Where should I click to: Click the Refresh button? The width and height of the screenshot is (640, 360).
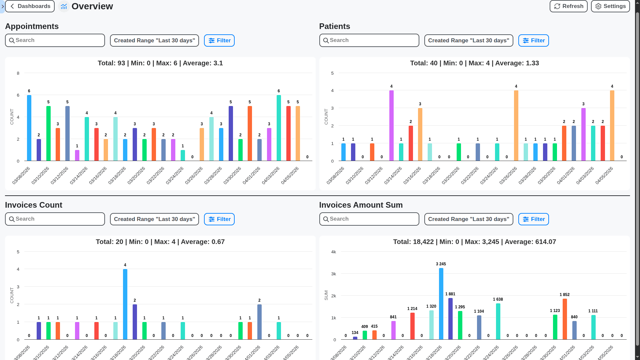pos(568,6)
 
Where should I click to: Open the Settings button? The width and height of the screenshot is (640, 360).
pos(610,6)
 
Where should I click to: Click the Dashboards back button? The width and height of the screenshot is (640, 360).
pos(30,6)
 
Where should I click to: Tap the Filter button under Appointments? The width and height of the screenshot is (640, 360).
pos(219,41)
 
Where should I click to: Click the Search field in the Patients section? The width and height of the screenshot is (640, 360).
pos(369,40)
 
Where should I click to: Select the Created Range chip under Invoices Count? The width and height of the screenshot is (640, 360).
pos(154,219)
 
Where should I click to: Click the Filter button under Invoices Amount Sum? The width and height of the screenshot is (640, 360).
pos(533,219)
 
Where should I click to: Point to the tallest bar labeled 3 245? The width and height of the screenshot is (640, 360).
pos(441,303)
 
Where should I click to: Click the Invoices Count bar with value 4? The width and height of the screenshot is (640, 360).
pos(125,304)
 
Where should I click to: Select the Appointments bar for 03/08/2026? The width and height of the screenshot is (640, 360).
pos(29,128)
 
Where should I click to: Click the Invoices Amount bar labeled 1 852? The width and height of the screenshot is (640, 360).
pos(565,319)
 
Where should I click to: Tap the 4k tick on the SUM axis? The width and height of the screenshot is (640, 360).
pos(333,252)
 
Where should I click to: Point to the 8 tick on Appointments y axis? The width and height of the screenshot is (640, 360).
pos(18,73)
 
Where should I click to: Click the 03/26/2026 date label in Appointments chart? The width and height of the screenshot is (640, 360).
pos(194,176)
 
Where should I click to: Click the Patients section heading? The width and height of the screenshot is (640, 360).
pos(334,26)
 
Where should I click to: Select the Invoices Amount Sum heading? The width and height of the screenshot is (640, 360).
pos(361,205)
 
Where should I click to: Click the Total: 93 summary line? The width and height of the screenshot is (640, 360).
pos(160,63)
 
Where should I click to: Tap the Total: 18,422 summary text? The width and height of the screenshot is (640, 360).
pos(474,242)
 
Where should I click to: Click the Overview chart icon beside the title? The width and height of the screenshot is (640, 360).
pos(64,6)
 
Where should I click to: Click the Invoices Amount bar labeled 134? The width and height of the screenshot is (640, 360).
pos(355,338)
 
